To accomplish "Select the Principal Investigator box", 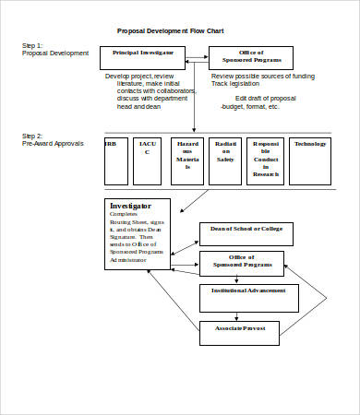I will pyautogui.click(x=142, y=57).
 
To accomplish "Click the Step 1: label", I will pyautogui.click(x=33, y=45).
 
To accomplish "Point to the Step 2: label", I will pyautogui.click(x=33, y=136).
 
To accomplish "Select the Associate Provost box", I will pyautogui.click(x=239, y=332).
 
